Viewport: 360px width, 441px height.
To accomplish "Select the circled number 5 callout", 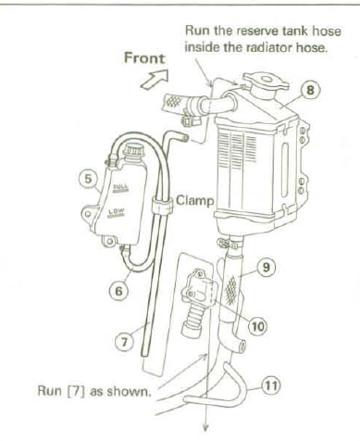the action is [88, 179].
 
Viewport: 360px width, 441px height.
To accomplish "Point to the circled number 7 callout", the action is [124, 342].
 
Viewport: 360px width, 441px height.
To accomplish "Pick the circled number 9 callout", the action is [267, 267].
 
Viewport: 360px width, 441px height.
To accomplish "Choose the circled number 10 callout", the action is [258, 325].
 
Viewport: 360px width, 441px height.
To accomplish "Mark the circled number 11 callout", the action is [271, 385].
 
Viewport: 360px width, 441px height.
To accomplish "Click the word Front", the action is [144, 58].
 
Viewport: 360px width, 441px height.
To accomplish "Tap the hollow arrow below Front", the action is [155, 80].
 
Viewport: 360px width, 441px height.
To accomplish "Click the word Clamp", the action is [195, 201].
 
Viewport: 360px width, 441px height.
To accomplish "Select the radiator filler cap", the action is [266, 82].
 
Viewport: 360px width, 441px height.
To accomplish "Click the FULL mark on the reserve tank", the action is [121, 188].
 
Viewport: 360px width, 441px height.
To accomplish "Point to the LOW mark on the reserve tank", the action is [116, 213].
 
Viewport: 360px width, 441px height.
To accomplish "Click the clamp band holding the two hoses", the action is [162, 205].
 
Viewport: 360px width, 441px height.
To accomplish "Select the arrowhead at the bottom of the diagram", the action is [206, 427].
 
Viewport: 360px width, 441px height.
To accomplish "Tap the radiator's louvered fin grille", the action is [238, 151].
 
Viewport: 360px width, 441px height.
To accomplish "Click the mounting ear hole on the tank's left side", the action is [88, 214].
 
